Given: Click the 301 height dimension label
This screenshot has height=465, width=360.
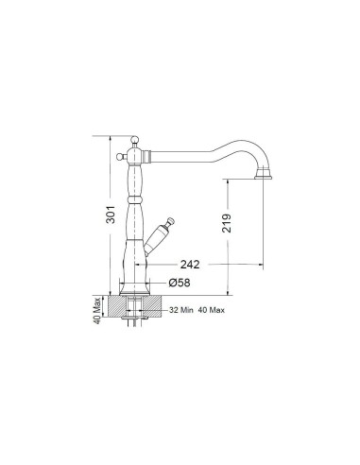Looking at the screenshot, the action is pyautogui.click(x=111, y=215).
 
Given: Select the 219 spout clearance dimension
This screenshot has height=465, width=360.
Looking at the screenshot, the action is pyautogui.click(x=227, y=223).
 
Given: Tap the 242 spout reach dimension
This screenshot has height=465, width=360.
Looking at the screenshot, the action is pyautogui.click(x=190, y=265).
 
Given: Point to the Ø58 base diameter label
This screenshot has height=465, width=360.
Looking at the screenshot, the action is pyautogui.click(x=180, y=283).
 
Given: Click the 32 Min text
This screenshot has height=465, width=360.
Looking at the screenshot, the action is pyautogui.click(x=181, y=310).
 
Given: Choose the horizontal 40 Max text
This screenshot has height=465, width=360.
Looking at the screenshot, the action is pyautogui.click(x=212, y=310).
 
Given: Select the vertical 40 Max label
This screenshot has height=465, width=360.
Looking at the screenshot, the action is pyautogui.click(x=97, y=311).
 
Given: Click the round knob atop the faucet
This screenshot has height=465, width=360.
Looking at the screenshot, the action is pyautogui.click(x=135, y=139).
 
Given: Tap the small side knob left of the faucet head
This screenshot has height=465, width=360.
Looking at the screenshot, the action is pyautogui.click(x=119, y=156).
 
